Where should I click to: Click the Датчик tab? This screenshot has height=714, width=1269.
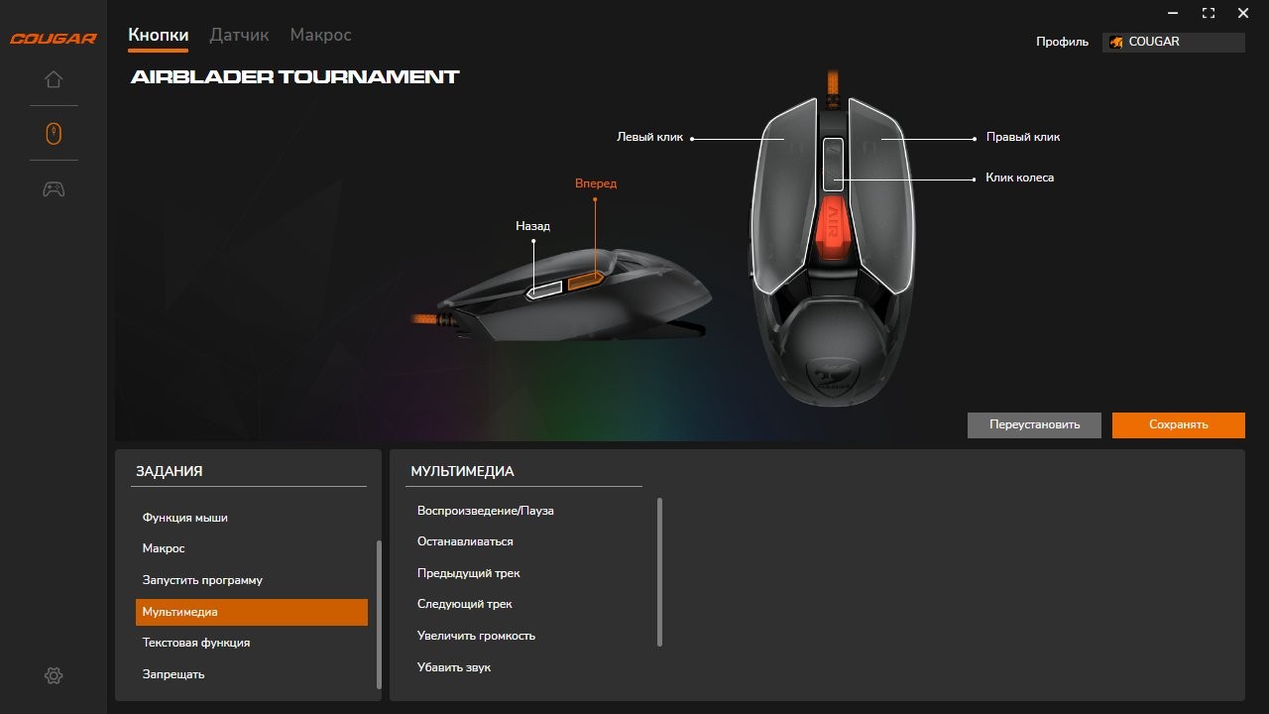[239, 35]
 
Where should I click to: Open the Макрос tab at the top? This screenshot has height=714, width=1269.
[320, 35]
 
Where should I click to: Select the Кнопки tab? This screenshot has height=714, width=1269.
[158, 35]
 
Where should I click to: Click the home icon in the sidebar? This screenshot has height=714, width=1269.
[54, 79]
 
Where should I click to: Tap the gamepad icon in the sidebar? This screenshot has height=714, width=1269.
[54, 188]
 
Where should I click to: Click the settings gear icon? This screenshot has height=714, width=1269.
[54, 675]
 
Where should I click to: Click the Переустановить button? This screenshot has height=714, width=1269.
[1034, 424]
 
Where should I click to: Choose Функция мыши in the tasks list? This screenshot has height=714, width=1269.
[185, 518]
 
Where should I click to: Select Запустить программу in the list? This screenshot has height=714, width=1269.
[202, 580]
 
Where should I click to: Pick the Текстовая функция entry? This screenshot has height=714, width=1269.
[196, 643]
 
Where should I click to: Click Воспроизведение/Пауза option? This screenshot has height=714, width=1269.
[486, 511]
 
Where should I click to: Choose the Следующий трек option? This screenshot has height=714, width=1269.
[465, 604]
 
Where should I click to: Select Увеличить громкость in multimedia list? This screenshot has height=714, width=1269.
[476, 636]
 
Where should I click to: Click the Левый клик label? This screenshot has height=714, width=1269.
[650, 138]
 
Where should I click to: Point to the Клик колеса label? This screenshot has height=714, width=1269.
[1019, 178]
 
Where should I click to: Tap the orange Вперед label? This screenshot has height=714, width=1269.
[596, 183]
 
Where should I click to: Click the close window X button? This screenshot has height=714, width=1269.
[1243, 13]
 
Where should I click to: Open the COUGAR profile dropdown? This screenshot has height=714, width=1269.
[1173, 42]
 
